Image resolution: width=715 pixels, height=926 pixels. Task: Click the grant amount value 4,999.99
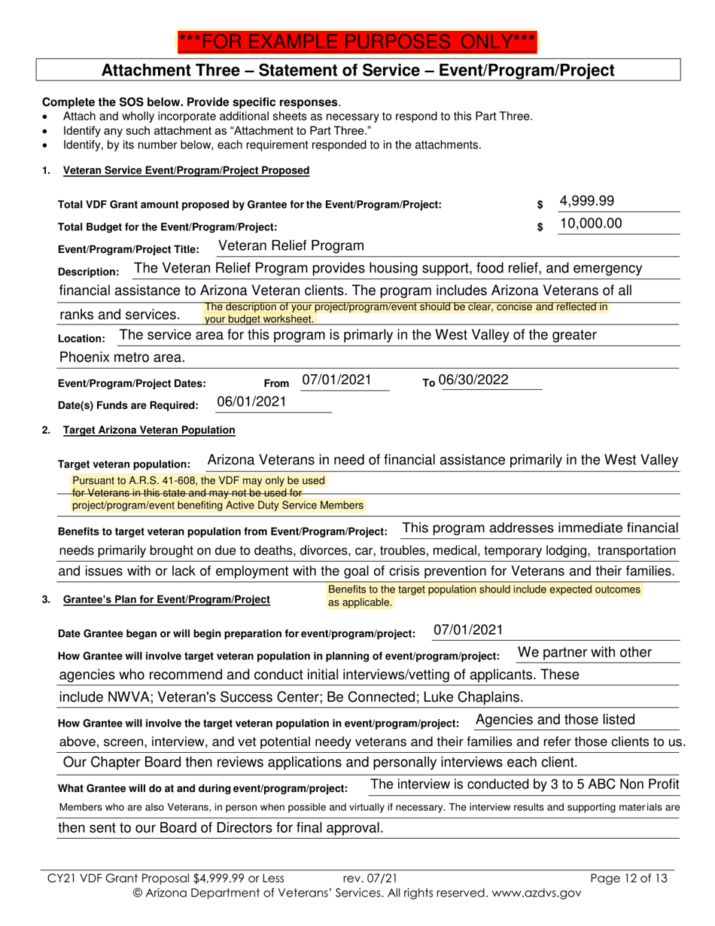(587, 201)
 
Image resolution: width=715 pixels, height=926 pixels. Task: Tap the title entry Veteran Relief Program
(291, 246)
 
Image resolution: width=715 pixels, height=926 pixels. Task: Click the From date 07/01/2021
(336, 380)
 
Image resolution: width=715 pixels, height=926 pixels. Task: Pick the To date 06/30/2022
(473, 380)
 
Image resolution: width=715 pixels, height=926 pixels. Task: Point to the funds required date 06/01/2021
(252, 402)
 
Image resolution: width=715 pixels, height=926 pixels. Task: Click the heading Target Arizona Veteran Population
(149, 430)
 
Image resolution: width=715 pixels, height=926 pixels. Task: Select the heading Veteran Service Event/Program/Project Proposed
(186, 170)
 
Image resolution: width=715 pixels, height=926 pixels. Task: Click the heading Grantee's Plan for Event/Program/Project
(166, 600)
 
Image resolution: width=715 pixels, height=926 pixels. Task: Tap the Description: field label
(88, 272)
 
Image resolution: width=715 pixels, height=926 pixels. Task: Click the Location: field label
(81, 339)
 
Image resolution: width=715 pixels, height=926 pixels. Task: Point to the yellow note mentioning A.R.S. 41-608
(199, 480)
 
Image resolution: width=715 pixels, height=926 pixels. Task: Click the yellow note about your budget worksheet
(406, 312)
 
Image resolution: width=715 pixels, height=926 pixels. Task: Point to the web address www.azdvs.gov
(525, 892)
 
